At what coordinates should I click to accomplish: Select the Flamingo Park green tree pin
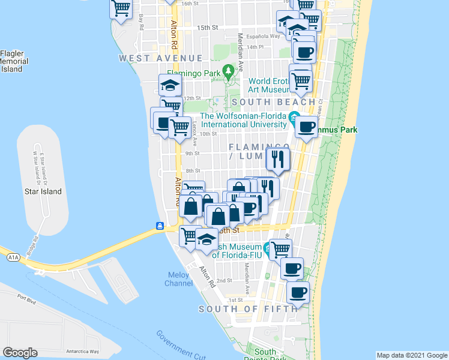click(228, 72)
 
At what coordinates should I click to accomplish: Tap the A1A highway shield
click(14, 257)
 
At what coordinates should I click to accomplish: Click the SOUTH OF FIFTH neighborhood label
click(247, 309)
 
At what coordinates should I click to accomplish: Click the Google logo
click(20, 352)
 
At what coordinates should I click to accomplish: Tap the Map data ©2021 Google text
click(412, 355)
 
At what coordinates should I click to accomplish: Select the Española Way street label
click(266, 36)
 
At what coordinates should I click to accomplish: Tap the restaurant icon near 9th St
click(277, 158)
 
